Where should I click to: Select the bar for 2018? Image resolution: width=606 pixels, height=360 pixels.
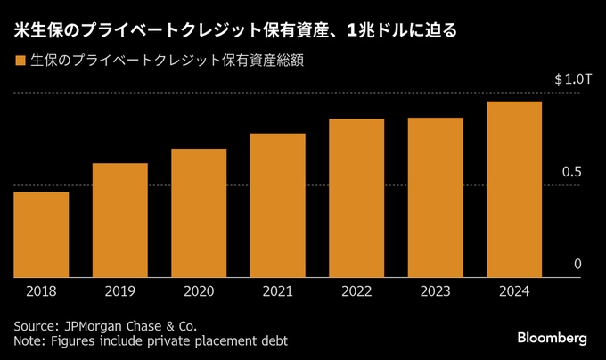click(x=41, y=234)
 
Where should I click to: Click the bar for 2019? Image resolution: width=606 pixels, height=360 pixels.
click(x=119, y=220)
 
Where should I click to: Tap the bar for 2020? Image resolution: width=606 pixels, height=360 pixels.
click(x=199, y=212)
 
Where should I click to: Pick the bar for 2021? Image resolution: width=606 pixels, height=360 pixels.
click(x=278, y=205)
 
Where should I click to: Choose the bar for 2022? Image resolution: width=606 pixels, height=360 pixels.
click(x=356, y=198)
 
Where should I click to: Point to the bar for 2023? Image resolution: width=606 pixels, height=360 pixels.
click(x=436, y=197)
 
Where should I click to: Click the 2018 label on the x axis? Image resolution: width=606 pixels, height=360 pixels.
click(x=41, y=291)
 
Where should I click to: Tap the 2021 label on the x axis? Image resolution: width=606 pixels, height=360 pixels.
click(x=278, y=291)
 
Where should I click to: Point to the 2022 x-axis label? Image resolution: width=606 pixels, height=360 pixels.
click(x=356, y=291)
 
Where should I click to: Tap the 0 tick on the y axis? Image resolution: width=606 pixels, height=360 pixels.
click(x=577, y=264)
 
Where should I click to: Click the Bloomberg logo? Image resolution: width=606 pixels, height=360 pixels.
click(x=553, y=339)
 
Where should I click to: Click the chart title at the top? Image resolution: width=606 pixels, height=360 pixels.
click(x=235, y=30)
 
